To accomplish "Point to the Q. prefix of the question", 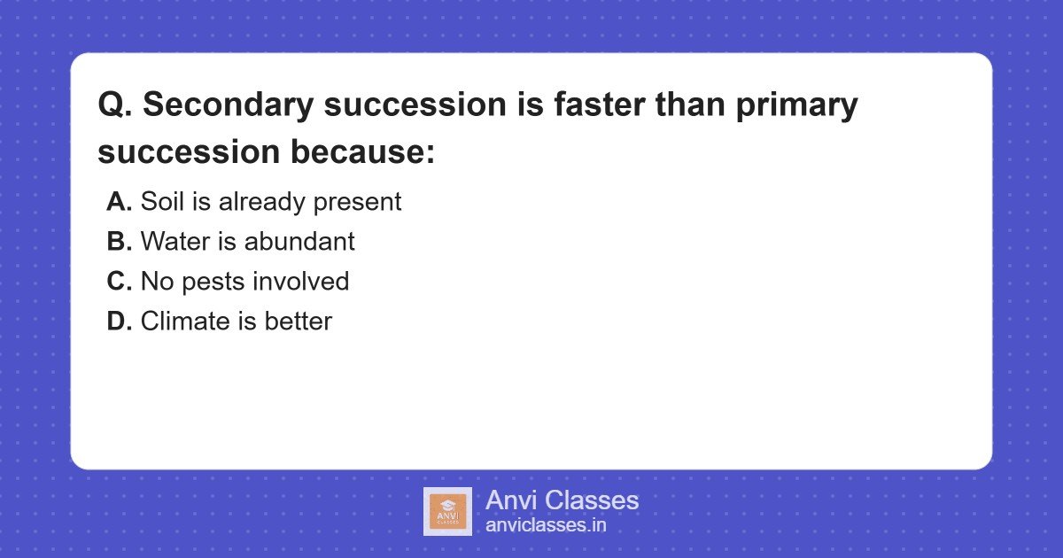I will (115, 105).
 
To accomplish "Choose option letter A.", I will (119, 202).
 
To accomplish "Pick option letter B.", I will (119, 242).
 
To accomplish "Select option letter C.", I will (119, 282).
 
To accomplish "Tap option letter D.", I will (119, 322).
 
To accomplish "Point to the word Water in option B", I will (173, 242).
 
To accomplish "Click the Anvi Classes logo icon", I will (447, 511).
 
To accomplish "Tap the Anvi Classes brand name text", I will (562, 500).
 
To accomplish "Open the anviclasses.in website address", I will (546, 525).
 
